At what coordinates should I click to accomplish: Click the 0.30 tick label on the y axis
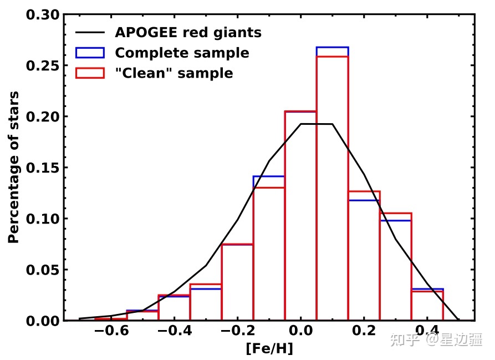(x=43, y=15)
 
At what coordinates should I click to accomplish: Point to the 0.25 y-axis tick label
(x=43, y=65)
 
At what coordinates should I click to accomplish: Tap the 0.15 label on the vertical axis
(x=43, y=168)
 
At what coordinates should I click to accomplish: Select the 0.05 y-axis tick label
(x=43, y=270)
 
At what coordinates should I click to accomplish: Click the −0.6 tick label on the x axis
(x=111, y=331)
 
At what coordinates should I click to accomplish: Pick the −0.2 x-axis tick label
(x=237, y=331)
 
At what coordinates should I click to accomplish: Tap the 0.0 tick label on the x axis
(x=301, y=331)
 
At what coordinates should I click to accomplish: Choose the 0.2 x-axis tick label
(x=364, y=331)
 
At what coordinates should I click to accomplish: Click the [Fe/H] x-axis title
(x=269, y=348)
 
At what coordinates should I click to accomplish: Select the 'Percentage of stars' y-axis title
(x=13, y=168)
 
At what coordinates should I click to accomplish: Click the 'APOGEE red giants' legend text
(x=188, y=33)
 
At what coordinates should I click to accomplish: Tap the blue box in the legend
(x=90, y=53)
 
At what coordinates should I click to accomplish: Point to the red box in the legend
(x=90, y=73)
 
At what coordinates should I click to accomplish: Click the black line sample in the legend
(x=90, y=32)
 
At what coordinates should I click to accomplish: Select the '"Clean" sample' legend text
(x=174, y=73)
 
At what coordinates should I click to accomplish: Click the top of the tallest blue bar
(x=333, y=47)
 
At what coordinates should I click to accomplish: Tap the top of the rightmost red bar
(x=427, y=291)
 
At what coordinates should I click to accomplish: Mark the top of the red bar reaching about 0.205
(x=300, y=111)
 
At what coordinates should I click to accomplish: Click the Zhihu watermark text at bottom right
(x=436, y=339)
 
